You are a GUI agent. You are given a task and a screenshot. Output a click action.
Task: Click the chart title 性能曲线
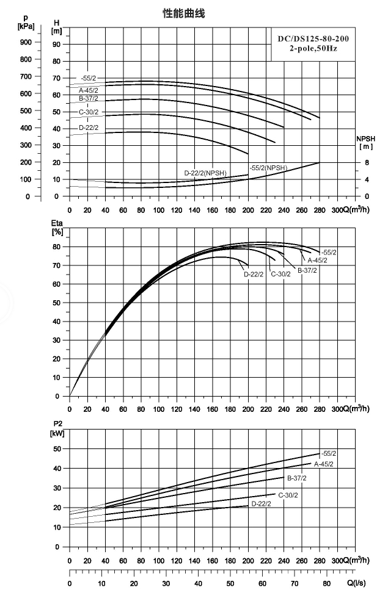coord(183,14)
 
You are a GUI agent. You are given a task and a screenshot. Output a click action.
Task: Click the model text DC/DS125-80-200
coord(313,39)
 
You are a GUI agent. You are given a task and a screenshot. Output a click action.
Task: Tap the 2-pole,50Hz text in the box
coord(313,49)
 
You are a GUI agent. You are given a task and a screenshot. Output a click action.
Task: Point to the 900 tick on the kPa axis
coord(26,42)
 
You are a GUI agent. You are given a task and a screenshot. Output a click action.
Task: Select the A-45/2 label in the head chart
coord(89,90)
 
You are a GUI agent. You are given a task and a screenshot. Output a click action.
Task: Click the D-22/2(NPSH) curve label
coord(205,173)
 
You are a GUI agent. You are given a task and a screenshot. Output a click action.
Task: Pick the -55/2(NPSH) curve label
coord(268,168)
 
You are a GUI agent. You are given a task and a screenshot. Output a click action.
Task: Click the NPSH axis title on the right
coord(366,143)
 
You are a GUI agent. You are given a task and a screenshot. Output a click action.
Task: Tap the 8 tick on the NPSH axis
coord(367,162)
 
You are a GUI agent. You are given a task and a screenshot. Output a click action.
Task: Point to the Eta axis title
coord(57,227)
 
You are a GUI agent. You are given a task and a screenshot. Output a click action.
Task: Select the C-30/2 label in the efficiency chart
coord(280,274)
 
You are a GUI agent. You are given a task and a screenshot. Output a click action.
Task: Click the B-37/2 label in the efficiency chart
coord(307,270)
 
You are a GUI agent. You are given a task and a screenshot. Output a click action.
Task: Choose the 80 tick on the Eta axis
coord(56,247)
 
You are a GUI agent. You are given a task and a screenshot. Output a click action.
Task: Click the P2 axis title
coord(57,428)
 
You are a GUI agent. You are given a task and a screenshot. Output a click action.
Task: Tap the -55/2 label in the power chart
coord(329,453)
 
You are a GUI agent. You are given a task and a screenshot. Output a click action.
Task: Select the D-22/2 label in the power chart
coord(261,503)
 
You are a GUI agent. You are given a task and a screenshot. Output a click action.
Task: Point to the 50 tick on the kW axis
coord(56,448)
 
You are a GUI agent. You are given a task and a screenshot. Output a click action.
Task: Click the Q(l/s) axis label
coord(356,583)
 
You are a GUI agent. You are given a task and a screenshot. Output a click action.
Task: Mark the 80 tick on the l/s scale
coord(327,584)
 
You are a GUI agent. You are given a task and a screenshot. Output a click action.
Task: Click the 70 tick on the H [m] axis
coord(56,78)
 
